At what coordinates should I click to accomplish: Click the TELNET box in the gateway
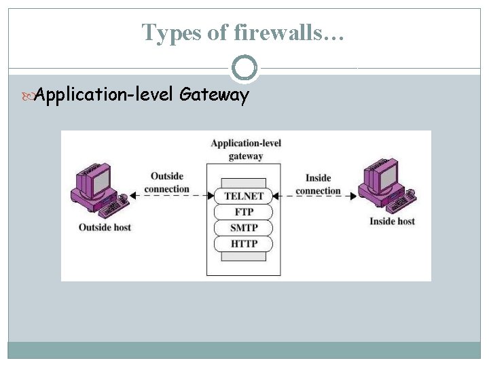(244, 196)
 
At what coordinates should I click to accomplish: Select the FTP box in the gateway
(244, 211)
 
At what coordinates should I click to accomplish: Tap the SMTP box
(244, 228)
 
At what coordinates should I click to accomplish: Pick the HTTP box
(244, 243)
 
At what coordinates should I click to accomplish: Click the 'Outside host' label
(105, 226)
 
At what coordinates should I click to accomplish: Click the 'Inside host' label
(392, 221)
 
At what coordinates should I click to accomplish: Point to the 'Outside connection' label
(167, 182)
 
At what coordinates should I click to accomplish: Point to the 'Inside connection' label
(318, 184)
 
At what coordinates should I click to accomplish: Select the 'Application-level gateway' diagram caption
(245, 150)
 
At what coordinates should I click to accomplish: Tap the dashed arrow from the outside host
(169, 196)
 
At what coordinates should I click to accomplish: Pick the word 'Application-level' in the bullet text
(105, 95)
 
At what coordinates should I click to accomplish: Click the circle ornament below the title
(244, 68)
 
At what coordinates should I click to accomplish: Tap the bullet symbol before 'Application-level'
(28, 96)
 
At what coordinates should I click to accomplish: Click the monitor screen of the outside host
(99, 181)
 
